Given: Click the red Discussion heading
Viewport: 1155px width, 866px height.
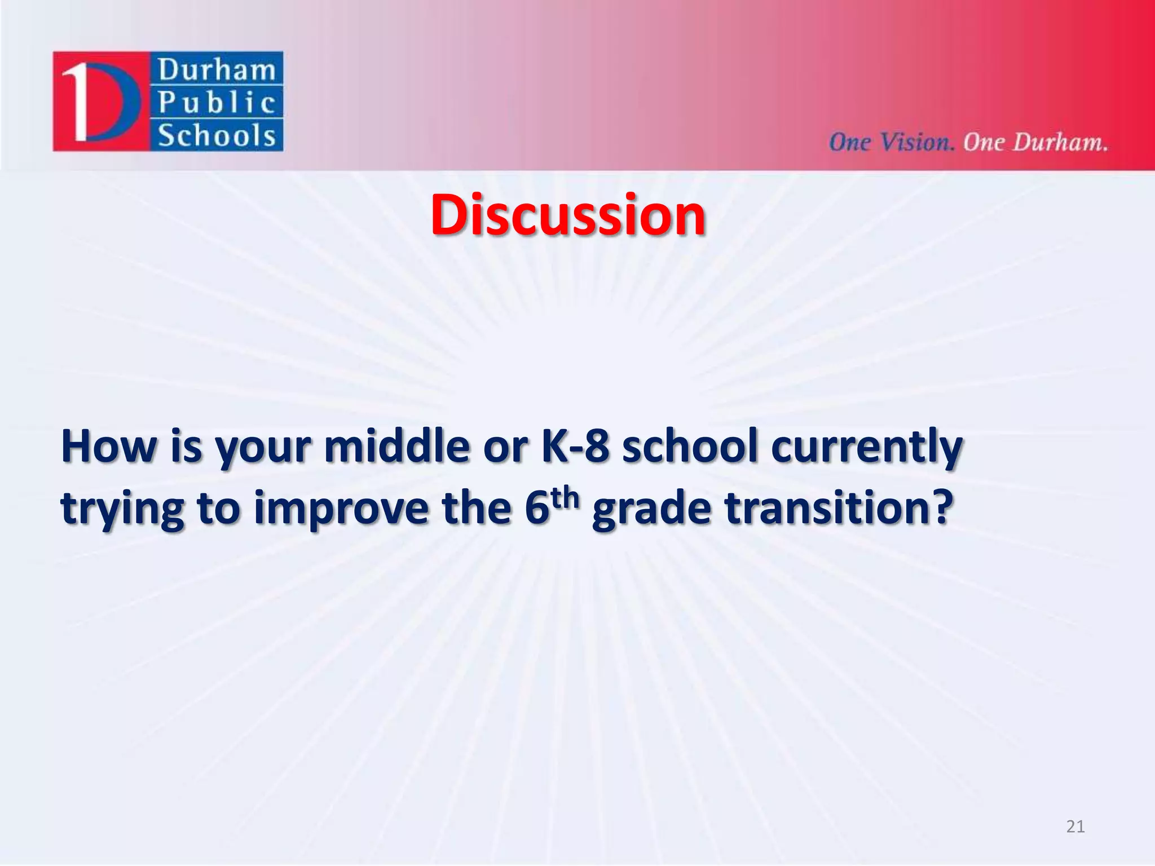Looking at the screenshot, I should tap(568, 215).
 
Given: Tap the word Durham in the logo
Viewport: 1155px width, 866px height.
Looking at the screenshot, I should tap(217, 70).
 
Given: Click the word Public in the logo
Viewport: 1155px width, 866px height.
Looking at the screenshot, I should tap(217, 103).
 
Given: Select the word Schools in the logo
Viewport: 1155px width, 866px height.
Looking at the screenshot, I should tap(217, 136).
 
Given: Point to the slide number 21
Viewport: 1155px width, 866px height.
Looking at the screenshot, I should tap(1075, 827).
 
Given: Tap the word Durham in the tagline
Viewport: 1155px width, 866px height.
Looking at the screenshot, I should tap(1060, 142).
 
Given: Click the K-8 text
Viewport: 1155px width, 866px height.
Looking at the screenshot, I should tap(575, 446).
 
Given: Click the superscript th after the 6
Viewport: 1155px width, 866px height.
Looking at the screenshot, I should tap(566, 497).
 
